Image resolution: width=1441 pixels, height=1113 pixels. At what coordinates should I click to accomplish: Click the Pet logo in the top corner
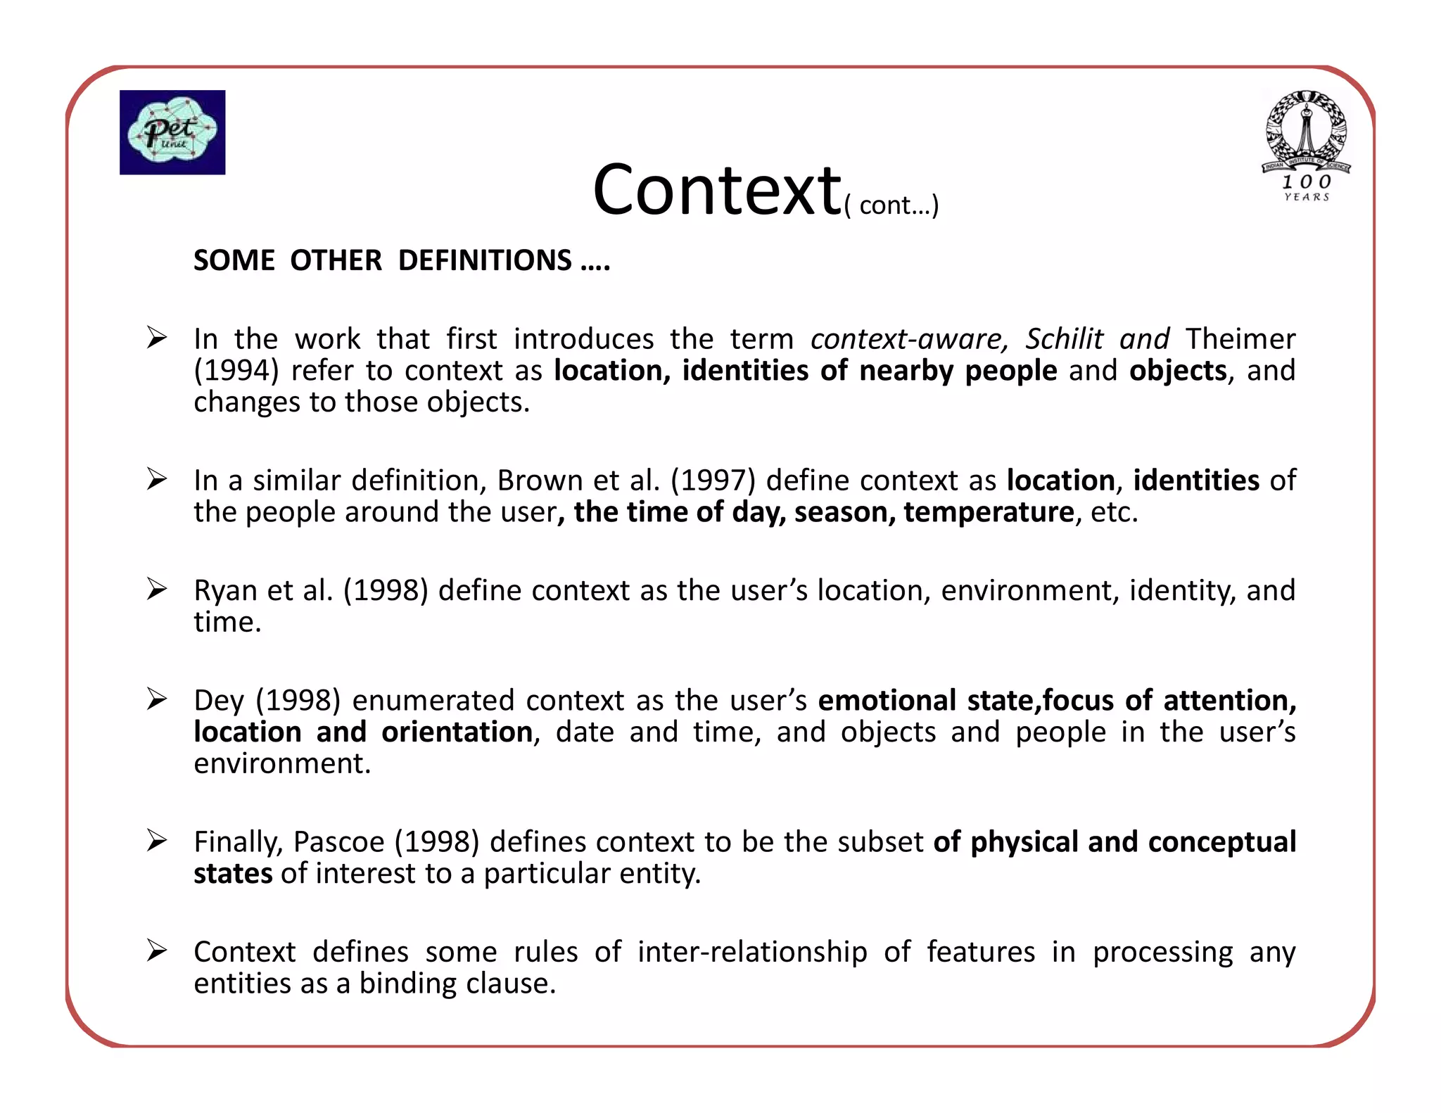[172, 132]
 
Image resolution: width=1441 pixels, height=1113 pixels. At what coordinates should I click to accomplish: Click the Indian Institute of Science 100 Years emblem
[1306, 146]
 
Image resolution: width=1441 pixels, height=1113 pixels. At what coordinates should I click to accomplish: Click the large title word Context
[716, 190]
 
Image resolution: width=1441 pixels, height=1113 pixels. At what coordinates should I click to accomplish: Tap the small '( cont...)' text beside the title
[891, 205]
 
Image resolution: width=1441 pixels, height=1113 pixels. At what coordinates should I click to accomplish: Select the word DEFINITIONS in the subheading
[485, 260]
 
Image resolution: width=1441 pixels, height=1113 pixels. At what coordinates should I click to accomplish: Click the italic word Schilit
[1063, 339]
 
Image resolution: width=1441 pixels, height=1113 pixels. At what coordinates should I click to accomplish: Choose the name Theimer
[1240, 339]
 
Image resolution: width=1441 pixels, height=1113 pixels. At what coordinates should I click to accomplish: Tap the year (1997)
[713, 481]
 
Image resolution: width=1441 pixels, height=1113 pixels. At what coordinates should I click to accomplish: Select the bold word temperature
[989, 512]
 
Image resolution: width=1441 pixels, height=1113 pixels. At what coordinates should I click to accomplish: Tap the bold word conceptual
[1221, 842]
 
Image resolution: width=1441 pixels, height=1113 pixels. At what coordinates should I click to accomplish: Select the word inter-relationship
[752, 952]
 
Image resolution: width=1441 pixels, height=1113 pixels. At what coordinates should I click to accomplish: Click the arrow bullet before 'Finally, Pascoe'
[156, 841]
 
